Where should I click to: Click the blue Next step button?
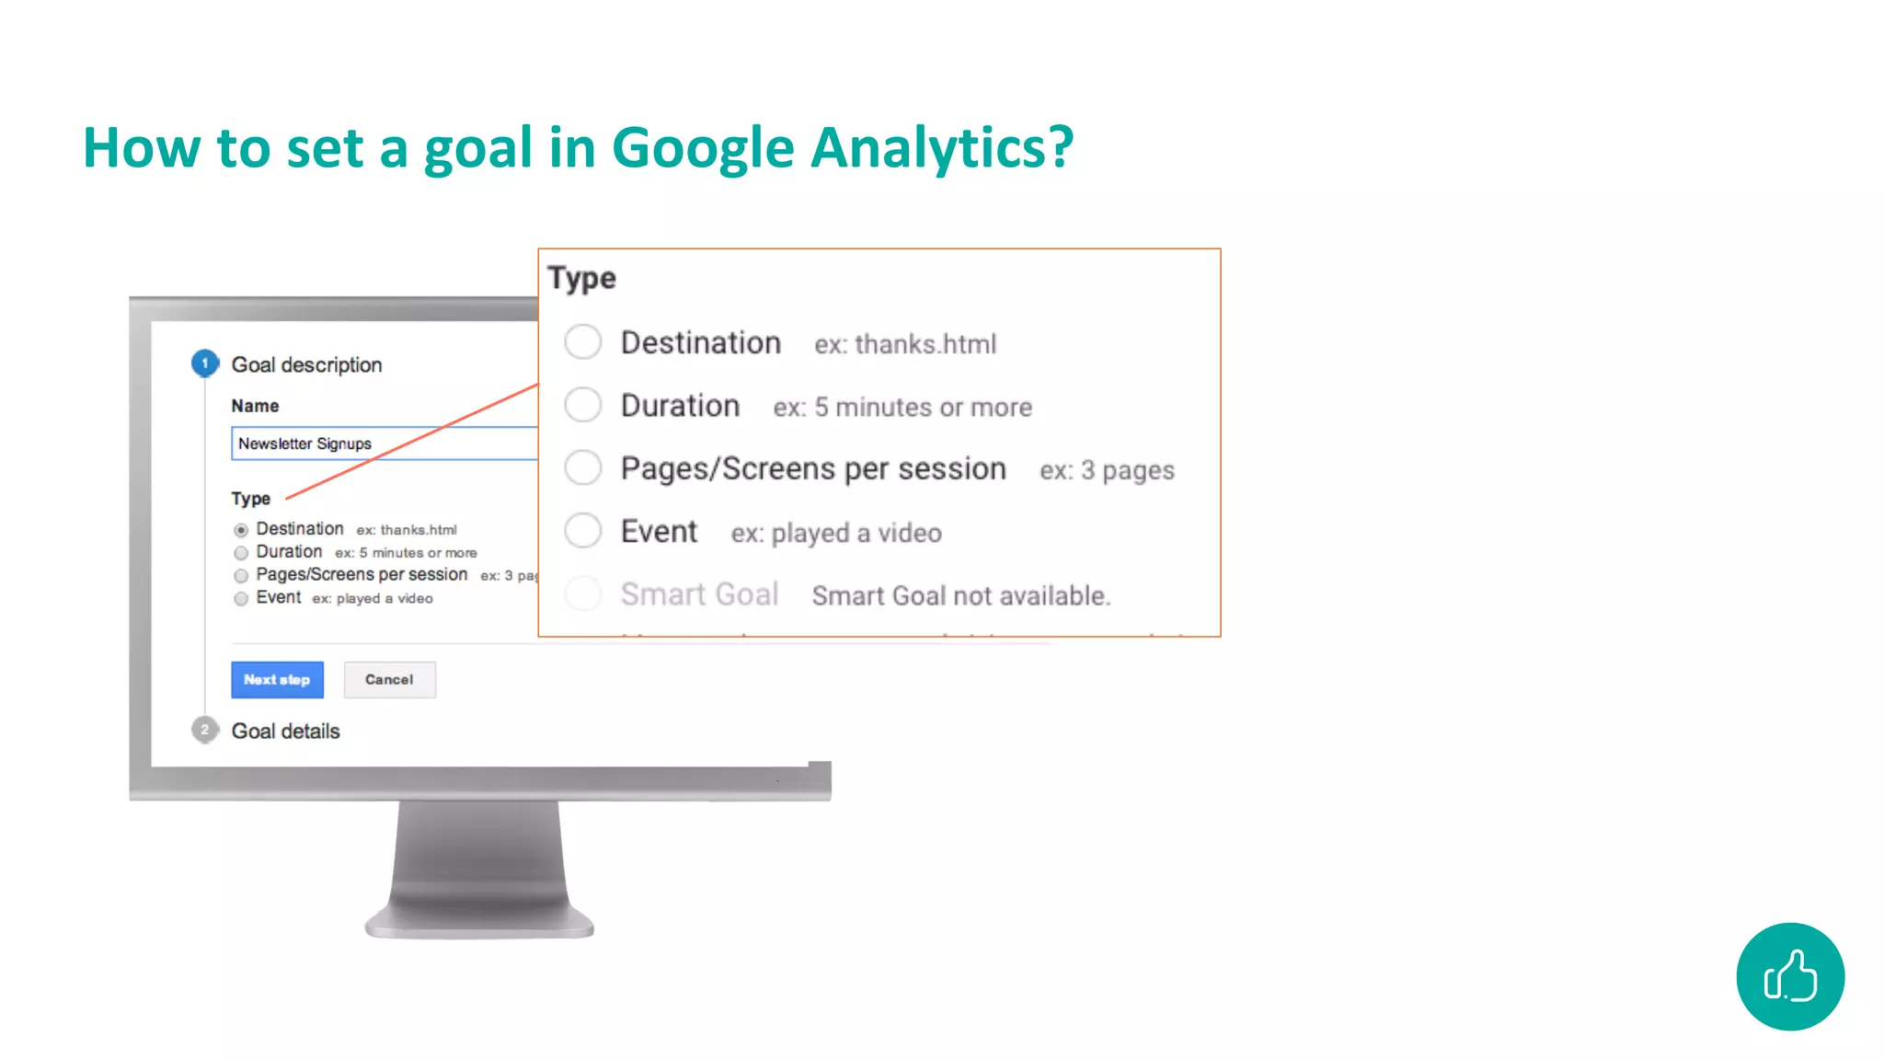[x=277, y=680]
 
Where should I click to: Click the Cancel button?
[x=389, y=680]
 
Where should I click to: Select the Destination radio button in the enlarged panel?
[x=583, y=342]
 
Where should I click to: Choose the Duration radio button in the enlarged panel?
[x=583, y=405]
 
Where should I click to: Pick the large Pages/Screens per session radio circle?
[x=583, y=467]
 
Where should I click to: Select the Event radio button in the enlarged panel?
[x=583, y=531]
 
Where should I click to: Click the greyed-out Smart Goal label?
[x=699, y=594]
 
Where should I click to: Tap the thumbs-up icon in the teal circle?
[x=1789, y=976]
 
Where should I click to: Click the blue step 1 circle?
[x=205, y=363]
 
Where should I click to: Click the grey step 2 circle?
[x=205, y=730]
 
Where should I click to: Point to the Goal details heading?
[x=285, y=732]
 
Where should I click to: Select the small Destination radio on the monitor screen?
[x=241, y=530]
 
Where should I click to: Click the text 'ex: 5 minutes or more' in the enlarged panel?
[x=902, y=408]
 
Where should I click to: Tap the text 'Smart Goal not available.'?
[x=960, y=596]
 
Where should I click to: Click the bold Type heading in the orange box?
[x=581, y=278]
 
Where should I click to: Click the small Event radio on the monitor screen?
[x=241, y=599]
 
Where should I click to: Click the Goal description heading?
[x=306, y=365]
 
